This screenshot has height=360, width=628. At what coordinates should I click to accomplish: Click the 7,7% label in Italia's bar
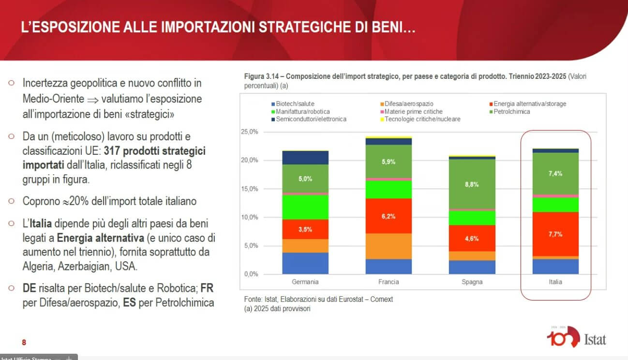click(x=555, y=234)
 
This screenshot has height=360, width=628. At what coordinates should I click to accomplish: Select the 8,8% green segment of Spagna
click(x=472, y=184)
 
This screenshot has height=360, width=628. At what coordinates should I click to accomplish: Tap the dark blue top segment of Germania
click(x=305, y=158)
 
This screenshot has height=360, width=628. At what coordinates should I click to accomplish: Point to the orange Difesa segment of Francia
click(x=389, y=246)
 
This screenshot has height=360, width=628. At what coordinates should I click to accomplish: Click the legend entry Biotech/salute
click(x=293, y=104)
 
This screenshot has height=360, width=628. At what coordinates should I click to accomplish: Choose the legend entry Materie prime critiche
click(x=411, y=112)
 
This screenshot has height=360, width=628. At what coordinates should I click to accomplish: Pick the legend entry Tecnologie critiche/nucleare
click(x=420, y=119)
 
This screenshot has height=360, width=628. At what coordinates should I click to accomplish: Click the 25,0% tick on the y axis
click(x=249, y=132)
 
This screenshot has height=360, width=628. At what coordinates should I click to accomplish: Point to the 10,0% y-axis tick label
click(x=249, y=217)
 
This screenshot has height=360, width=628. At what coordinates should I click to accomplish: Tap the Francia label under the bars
click(x=389, y=282)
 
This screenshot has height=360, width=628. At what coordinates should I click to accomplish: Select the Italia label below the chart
click(x=555, y=282)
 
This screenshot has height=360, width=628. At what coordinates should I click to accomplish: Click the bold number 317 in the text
click(x=112, y=151)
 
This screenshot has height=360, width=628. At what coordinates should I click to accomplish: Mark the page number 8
click(x=24, y=342)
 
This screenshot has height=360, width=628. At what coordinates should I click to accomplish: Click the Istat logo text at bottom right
click(x=595, y=340)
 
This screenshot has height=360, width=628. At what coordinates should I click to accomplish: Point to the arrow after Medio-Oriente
click(x=93, y=100)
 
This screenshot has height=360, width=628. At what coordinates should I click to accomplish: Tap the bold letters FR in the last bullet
click(x=207, y=288)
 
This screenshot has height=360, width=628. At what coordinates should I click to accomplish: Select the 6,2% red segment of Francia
click(x=389, y=216)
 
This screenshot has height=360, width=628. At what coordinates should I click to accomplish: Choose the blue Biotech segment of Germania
click(x=305, y=263)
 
